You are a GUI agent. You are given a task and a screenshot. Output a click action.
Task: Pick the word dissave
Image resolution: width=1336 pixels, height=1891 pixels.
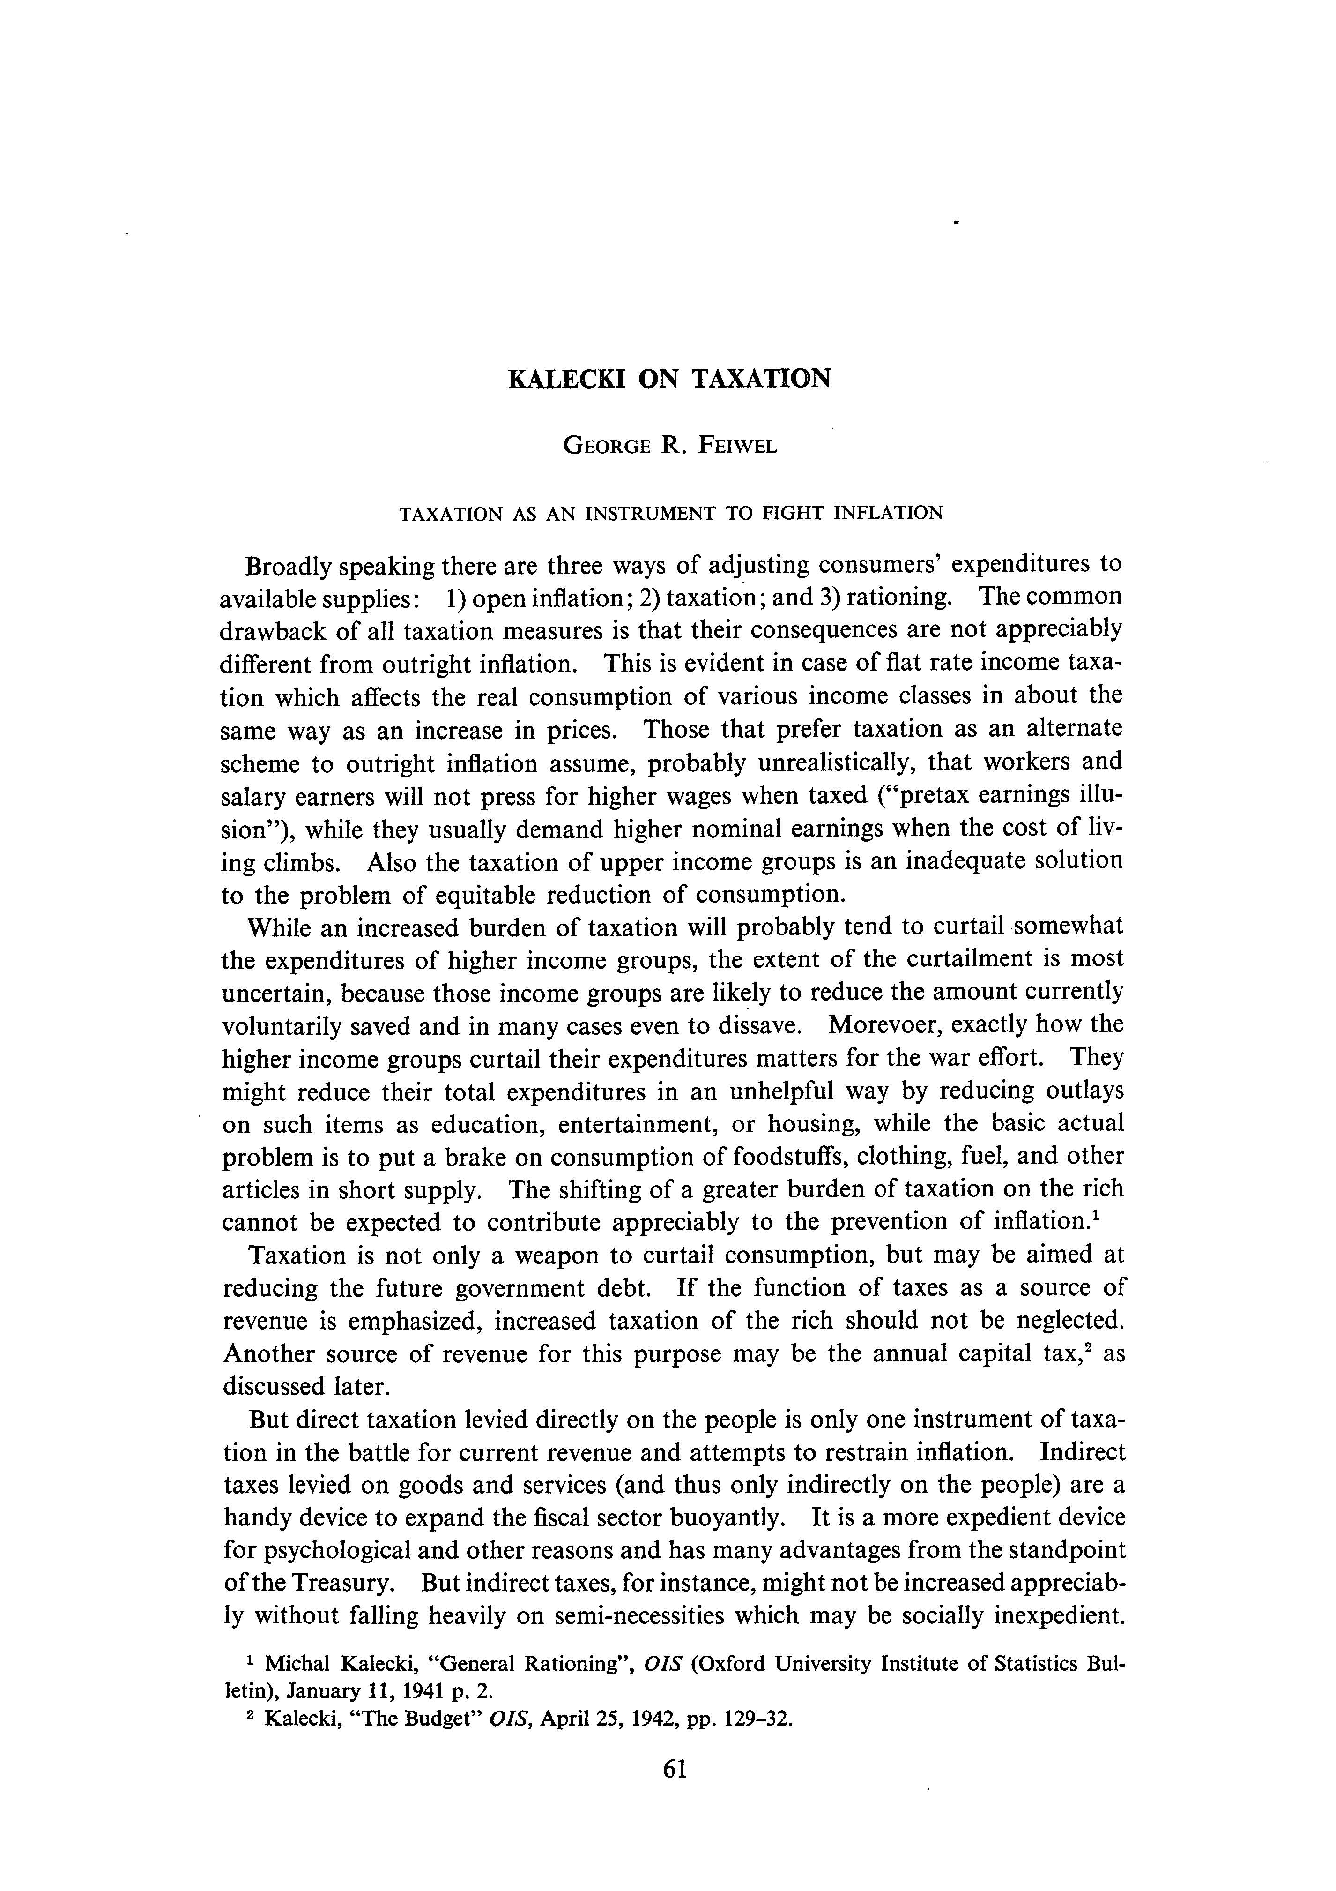point(761,1024)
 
